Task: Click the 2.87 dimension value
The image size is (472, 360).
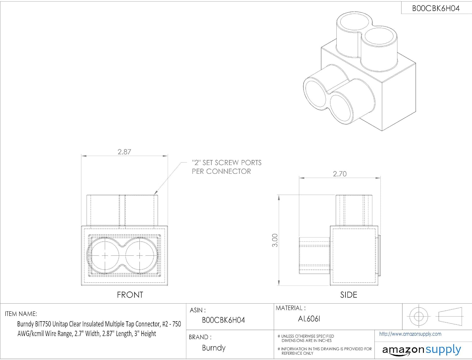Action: click(x=124, y=152)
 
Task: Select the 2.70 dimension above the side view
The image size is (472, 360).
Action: click(x=340, y=174)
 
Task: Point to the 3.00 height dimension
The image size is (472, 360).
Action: click(x=275, y=240)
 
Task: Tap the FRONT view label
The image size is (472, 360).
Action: click(x=130, y=295)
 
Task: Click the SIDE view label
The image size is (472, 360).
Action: click(x=349, y=295)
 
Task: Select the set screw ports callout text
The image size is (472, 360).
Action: click(x=227, y=167)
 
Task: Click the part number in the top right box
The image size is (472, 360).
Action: click(x=436, y=9)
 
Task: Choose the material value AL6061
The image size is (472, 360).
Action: click(x=309, y=319)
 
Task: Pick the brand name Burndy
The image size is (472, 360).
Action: click(x=214, y=348)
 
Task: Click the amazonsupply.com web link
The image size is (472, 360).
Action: click(x=410, y=334)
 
